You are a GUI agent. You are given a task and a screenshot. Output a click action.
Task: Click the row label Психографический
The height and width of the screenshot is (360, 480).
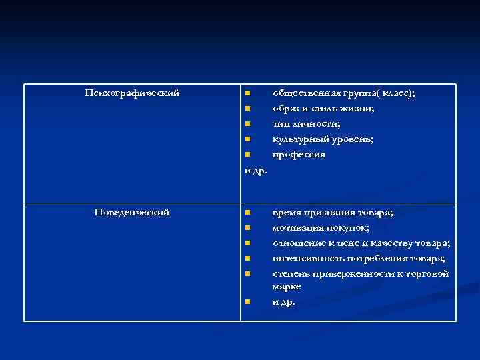point(132,93)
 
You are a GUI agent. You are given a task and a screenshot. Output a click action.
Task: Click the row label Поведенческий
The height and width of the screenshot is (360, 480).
point(132,212)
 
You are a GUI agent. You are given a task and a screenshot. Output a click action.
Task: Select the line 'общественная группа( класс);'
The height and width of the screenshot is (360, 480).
point(343,93)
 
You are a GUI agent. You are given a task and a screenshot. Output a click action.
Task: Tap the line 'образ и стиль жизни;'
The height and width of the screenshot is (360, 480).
point(323,108)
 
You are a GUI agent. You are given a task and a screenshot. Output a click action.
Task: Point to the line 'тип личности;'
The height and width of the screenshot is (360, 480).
point(306,123)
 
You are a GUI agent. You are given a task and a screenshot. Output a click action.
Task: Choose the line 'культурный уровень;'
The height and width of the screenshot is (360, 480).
point(323,139)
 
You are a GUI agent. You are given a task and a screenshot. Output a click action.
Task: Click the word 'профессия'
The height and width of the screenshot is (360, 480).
point(299,154)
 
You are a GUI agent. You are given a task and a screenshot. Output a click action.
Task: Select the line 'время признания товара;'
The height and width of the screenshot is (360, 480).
point(333,213)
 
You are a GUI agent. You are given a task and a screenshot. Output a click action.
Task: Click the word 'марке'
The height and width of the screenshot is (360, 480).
point(287,286)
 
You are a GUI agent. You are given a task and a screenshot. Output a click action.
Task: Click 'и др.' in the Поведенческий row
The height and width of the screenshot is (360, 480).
point(283,301)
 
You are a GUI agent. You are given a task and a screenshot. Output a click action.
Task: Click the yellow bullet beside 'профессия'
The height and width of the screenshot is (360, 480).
point(247,155)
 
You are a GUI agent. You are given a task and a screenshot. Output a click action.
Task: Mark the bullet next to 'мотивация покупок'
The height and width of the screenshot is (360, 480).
point(247,228)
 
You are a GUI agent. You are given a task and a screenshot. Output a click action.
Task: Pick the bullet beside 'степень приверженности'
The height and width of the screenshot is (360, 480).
point(247,274)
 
